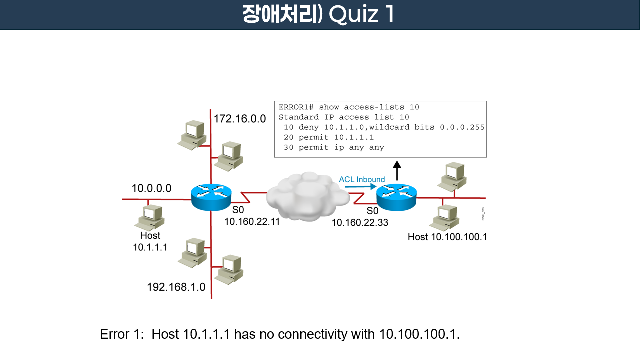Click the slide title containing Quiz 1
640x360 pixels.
pos(319,15)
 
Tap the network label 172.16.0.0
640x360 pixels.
pos(240,119)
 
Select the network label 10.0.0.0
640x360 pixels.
pos(151,188)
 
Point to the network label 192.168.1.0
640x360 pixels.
pos(176,287)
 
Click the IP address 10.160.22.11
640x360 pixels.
pos(252,221)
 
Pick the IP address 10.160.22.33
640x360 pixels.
pos(360,223)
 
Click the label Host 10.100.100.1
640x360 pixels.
pos(447,237)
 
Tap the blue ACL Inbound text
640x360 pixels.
pos(362,180)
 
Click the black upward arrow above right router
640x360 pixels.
pos(397,170)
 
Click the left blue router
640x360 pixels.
pos(211,197)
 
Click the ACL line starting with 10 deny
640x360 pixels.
pos(382,127)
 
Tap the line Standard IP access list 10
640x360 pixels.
pos(344,117)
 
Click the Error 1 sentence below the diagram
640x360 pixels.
pos(280,334)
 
